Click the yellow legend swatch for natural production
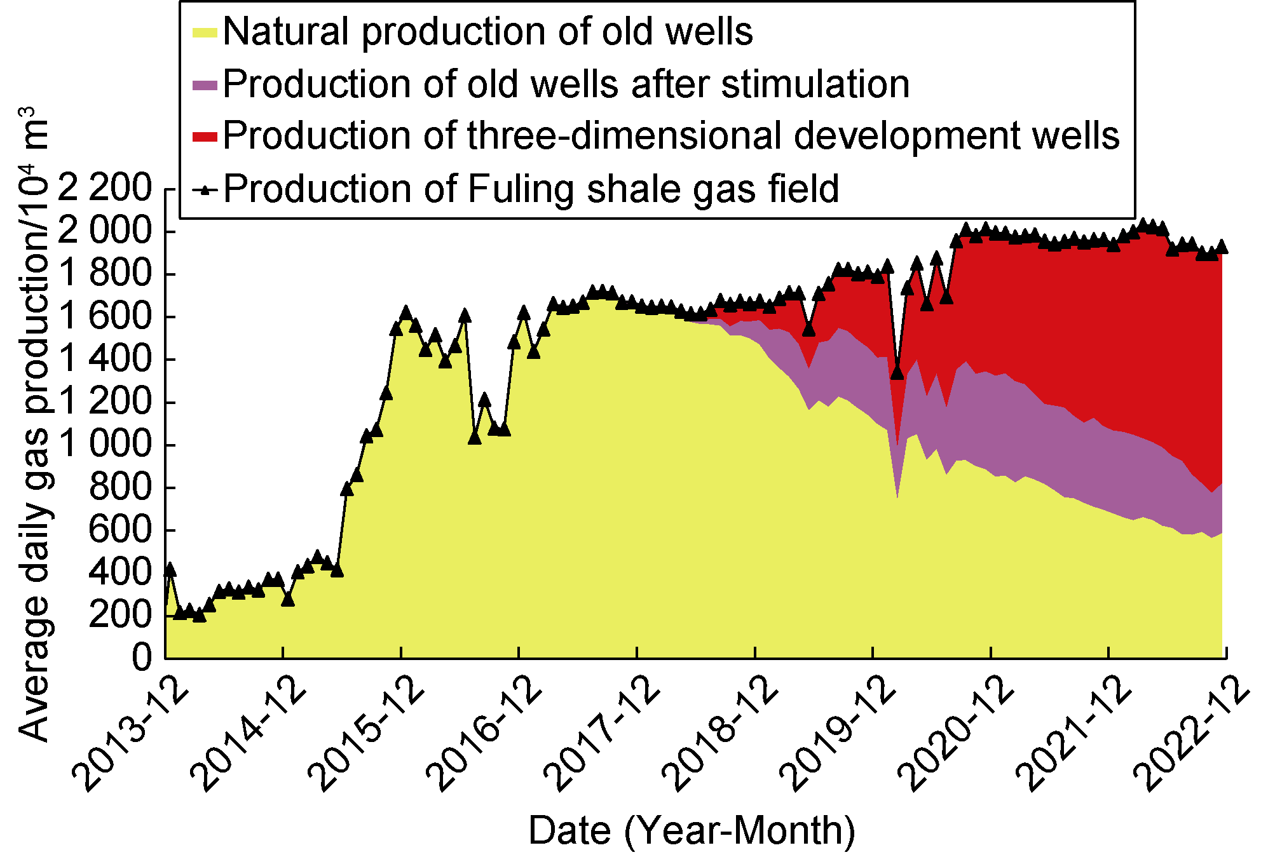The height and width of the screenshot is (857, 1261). click(205, 33)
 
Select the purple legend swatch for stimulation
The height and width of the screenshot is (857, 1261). click(205, 85)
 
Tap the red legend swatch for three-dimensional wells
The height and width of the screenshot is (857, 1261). click(205, 137)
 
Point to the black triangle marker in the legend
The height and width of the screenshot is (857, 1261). click(205, 189)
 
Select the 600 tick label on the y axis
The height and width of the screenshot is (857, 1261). click(121, 529)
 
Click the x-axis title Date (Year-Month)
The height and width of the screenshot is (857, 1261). click(692, 830)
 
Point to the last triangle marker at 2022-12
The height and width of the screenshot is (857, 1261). click(1222, 247)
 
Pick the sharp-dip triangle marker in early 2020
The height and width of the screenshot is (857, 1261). click(897, 372)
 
